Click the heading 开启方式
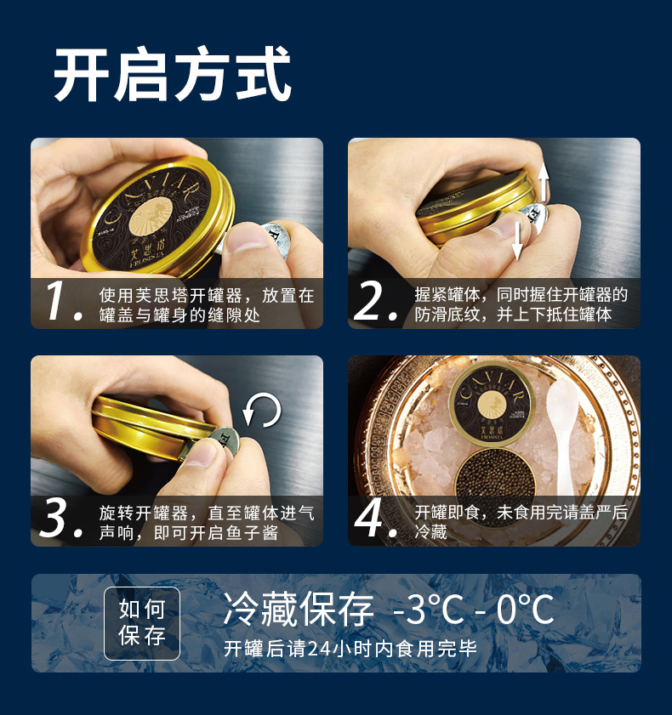click(x=173, y=74)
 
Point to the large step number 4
click(x=375, y=518)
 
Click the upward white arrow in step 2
click(x=543, y=183)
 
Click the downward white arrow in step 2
click(x=516, y=241)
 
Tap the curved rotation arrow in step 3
click(x=262, y=410)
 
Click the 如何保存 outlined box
click(x=142, y=623)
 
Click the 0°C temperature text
click(x=526, y=610)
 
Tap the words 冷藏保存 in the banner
click(x=299, y=609)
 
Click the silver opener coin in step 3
click(x=225, y=440)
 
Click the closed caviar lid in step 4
click(x=493, y=404)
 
